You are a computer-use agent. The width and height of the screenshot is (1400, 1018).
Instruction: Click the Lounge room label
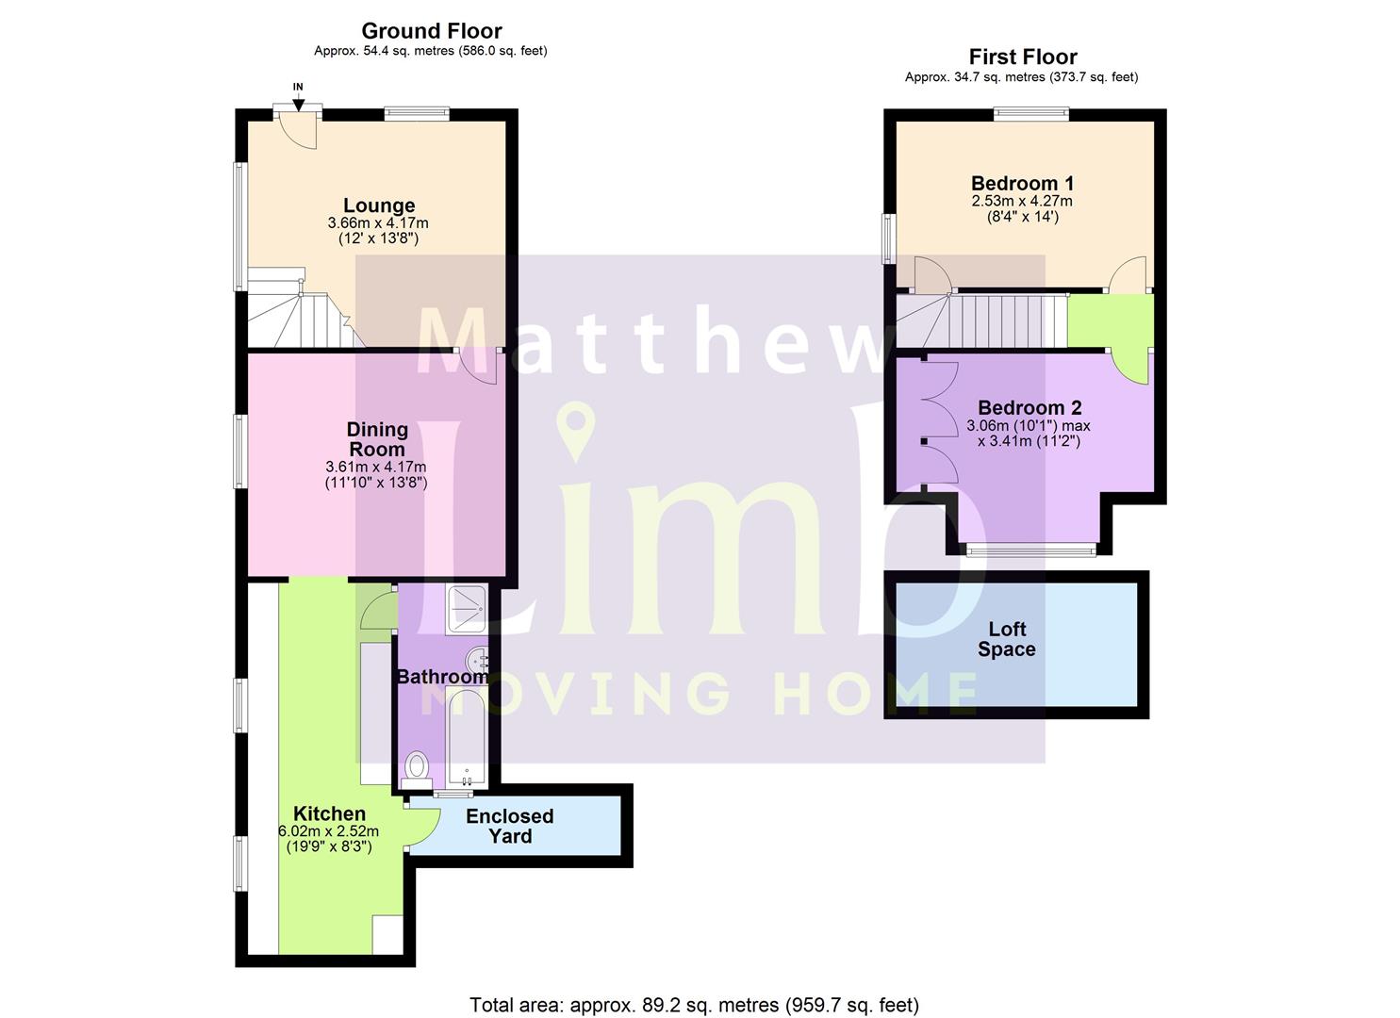(379, 205)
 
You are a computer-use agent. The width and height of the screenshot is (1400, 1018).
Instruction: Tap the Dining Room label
(377, 439)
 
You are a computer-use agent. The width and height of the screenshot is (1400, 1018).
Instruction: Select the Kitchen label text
(329, 813)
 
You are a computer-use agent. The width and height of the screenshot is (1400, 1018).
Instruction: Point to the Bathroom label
(441, 677)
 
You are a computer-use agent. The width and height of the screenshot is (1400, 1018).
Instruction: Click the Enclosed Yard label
(509, 826)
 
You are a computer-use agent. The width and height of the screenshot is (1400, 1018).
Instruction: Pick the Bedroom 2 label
(1029, 407)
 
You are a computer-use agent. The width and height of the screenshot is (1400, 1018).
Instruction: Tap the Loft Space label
(1006, 639)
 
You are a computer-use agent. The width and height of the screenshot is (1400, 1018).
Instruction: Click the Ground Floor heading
(432, 31)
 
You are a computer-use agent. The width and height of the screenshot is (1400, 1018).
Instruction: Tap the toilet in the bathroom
(416, 768)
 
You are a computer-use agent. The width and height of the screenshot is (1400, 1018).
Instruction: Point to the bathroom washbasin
(478, 658)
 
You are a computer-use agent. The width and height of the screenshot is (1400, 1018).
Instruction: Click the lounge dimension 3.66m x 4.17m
(378, 223)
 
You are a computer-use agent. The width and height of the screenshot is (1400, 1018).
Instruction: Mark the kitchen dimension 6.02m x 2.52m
(328, 831)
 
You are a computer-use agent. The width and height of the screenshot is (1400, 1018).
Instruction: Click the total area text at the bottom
(694, 1005)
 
